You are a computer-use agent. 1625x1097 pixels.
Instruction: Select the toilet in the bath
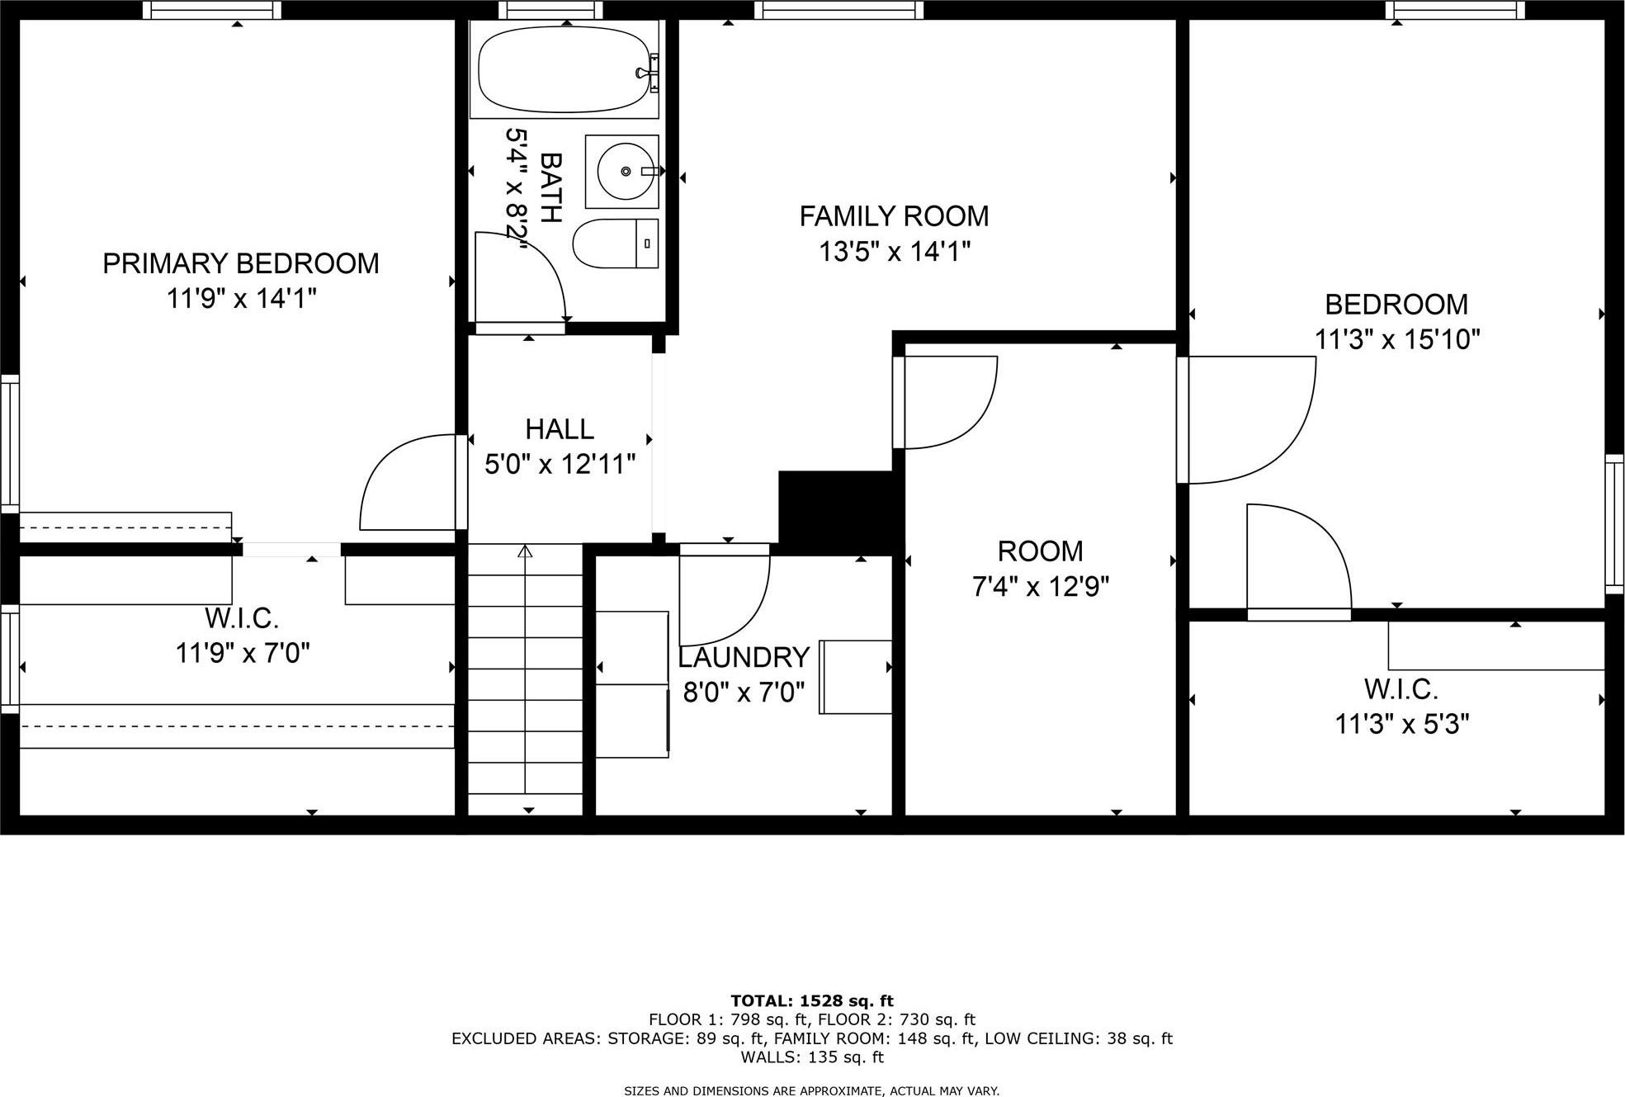point(614,244)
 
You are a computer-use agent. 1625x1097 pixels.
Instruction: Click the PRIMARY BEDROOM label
point(240,263)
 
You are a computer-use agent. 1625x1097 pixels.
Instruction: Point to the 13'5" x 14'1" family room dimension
point(894,251)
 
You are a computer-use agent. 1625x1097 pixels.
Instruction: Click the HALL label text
point(560,429)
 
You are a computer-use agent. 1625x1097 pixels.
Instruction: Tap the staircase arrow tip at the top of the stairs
point(525,550)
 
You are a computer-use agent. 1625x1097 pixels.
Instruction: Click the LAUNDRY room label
point(744,657)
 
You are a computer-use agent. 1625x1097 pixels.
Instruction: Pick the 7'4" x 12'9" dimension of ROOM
point(1040,587)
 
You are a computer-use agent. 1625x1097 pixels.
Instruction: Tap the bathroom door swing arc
point(528,277)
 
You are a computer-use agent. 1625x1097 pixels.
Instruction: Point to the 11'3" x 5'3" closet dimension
point(1401,724)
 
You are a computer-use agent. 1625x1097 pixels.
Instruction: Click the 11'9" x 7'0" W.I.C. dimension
point(242,653)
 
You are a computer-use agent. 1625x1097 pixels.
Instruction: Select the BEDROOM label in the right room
point(1396,305)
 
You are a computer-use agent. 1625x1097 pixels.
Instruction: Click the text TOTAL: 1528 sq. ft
point(811,1002)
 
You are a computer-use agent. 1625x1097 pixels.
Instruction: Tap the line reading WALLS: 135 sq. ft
point(811,1057)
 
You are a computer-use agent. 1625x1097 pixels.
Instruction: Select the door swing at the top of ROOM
point(949,402)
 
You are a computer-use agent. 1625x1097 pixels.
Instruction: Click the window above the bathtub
point(550,10)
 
